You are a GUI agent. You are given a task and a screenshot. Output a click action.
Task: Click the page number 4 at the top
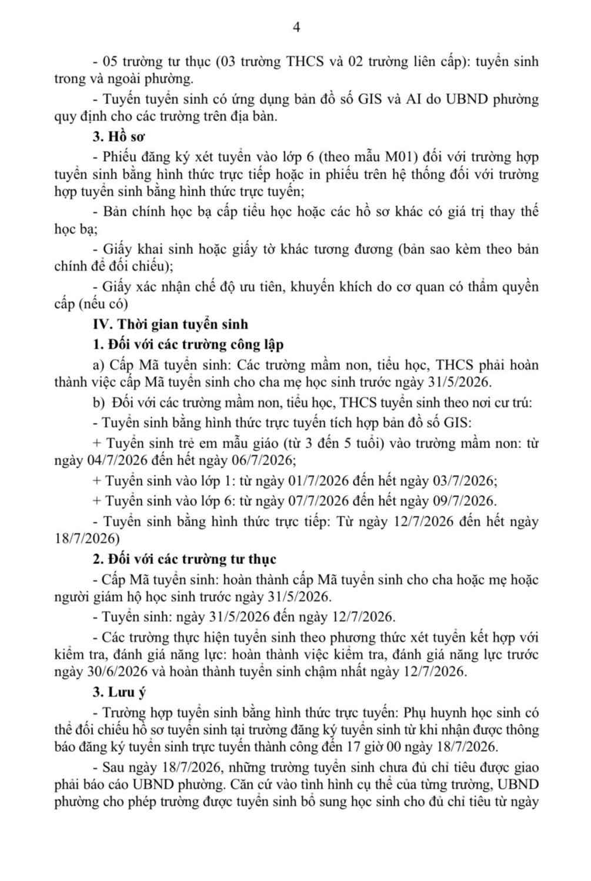tap(296, 28)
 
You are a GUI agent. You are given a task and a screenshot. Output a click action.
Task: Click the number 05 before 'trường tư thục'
tap(110, 61)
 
